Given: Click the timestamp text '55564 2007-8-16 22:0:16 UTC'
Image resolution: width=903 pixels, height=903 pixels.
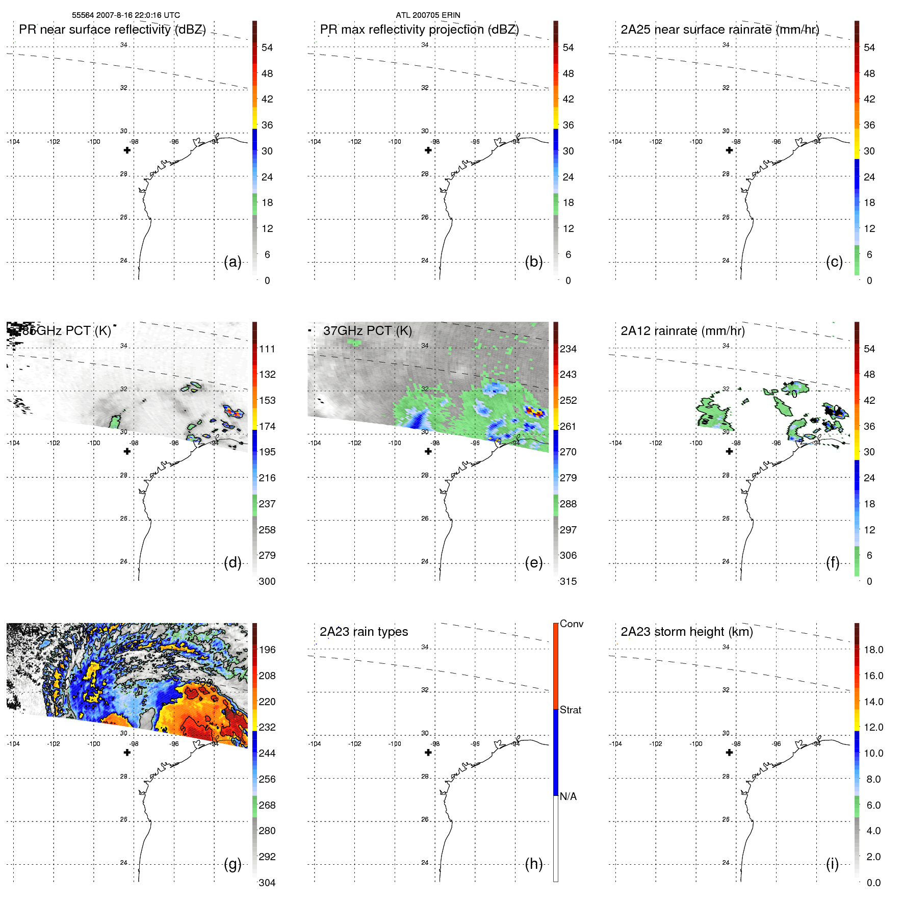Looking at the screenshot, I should tap(125, 15).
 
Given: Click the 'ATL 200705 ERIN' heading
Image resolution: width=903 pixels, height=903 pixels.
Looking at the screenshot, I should tap(428, 15).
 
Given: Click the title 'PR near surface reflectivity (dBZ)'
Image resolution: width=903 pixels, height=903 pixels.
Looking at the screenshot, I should tap(112, 30).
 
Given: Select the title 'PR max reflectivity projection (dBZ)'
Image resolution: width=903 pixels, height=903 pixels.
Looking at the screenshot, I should tap(419, 30).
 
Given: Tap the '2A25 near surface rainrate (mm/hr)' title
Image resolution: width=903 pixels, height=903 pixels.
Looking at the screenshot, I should tap(719, 30).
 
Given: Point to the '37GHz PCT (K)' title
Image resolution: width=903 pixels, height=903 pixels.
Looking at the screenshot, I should tap(367, 331).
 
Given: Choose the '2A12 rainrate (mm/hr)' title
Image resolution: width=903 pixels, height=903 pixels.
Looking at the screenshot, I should tap(682, 331).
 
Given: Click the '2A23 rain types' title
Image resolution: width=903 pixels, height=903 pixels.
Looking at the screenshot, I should tap(364, 632).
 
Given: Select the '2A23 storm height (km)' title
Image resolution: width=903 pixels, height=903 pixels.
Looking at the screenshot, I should tap(686, 632).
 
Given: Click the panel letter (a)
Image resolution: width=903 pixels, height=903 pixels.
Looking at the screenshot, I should tap(233, 262).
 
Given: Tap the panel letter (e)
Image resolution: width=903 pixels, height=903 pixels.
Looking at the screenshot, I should tap(533, 563).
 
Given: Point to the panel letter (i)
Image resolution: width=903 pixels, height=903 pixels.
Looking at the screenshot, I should tap(832, 864).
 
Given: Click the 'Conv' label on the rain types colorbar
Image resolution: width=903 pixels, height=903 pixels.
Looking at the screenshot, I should tap(571, 624).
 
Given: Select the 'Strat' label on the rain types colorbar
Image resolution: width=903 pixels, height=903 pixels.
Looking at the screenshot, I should tap(570, 710).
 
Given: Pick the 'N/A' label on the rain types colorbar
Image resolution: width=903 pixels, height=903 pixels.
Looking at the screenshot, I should tap(568, 796).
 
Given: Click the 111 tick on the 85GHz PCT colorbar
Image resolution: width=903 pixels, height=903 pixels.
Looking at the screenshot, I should tap(267, 349).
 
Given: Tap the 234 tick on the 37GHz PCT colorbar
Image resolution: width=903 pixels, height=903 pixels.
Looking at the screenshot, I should tap(568, 349).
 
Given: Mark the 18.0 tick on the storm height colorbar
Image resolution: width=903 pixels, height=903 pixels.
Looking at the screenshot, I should tap(873, 650).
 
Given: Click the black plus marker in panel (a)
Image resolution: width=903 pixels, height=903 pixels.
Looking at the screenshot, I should tap(127, 150).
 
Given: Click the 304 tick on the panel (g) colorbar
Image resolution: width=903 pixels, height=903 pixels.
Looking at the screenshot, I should tap(267, 883).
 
